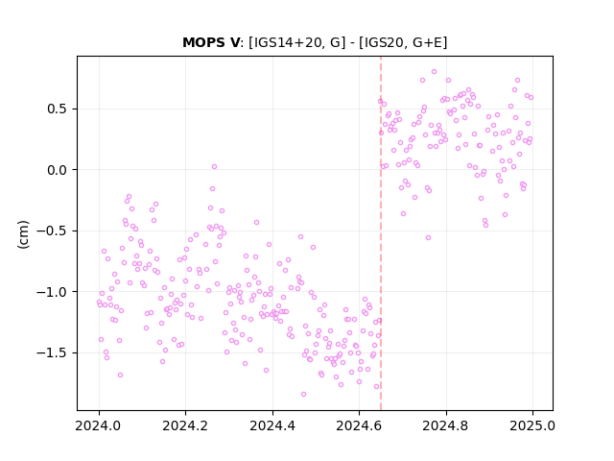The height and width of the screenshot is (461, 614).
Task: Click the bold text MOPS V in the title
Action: (211, 42)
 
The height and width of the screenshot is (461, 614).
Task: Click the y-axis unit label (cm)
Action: (23, 234)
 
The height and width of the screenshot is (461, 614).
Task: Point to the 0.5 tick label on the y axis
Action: (58, 109)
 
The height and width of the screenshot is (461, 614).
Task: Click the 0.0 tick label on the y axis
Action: (58, 170)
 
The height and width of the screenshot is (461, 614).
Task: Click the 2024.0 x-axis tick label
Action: (99, 425)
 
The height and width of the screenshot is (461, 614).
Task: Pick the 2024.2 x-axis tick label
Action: (185, 425)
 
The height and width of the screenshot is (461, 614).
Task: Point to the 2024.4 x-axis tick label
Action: (272, 425)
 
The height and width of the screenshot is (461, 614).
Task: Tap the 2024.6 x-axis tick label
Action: (359, 425)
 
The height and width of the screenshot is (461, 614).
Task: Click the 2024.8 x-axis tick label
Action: (445, 425)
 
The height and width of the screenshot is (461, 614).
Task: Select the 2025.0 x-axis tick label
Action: (532, 425)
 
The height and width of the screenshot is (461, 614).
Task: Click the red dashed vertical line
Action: (381, 233)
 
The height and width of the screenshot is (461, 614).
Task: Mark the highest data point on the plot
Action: (434, 72)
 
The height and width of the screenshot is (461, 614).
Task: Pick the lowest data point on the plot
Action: (303, 395)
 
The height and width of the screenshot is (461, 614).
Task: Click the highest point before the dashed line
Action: (214, 166)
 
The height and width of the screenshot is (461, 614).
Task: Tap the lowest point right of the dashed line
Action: (429, 237)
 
